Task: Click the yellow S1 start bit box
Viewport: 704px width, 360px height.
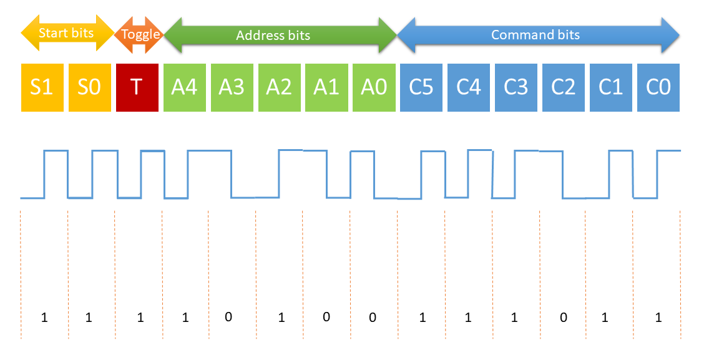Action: (x=42, y=87)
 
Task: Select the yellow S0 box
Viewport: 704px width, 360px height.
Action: (x=89, y=87)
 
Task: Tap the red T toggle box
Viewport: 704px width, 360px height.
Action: (x=137, y=87)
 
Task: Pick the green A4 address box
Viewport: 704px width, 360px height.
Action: (x=185, y=87)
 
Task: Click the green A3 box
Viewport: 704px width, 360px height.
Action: (x=232, y=87)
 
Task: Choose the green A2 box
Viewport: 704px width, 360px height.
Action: (x=279, y=87)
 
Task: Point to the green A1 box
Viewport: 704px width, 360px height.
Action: (x=326, y=87)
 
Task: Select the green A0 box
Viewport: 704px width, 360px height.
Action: (x=374, y=87)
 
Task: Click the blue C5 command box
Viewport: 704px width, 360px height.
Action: (x=421, y=87)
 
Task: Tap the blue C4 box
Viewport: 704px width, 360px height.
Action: (x=469, y=87)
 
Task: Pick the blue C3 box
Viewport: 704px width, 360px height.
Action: (x=516, y=87)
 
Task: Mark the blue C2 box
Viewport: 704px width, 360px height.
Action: (x=564, y=87)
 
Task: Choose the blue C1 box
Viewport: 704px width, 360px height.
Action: (x=611, y=87)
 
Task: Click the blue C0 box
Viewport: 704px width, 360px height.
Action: (x=658, y=87)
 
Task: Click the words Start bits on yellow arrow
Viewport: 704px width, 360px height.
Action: (x=66, y=32)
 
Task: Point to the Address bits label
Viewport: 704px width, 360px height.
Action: (x=273, y=36)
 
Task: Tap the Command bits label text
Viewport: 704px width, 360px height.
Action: (x=535, y=35)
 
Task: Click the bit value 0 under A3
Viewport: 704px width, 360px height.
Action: (x=228, y=317)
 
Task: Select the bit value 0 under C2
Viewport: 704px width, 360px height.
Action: (x=564, y=318)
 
